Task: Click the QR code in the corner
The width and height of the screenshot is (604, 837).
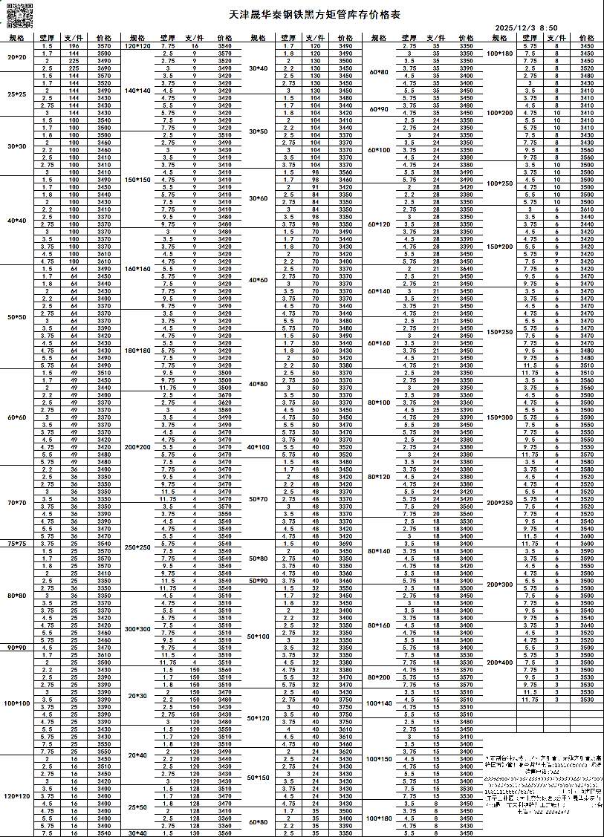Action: click(x=20, y=16)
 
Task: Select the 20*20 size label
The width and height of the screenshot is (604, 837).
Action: click(x=16, y=57)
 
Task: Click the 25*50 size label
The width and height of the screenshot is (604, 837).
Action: click(x=137, y=807)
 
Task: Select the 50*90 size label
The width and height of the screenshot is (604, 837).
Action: click(x=258, y=581)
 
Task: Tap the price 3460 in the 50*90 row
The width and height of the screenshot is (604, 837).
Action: click(x=345, y=581)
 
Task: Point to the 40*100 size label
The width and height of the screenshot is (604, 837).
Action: click(x=258, y=447)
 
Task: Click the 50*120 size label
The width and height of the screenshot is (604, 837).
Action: click(x=258, y=718)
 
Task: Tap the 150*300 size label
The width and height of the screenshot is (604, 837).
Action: click(x=500, y=417)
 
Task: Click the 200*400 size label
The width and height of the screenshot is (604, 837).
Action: click(x=500, y=662)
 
